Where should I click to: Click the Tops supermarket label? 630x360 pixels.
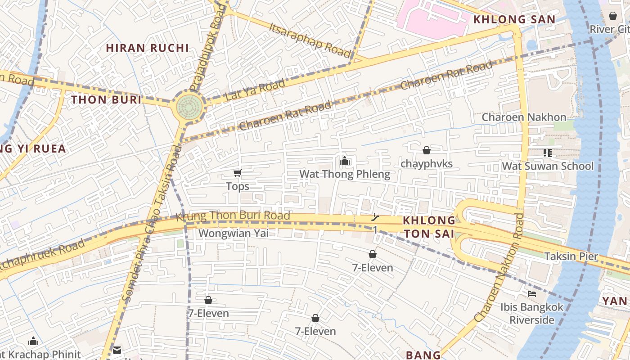(x=237, y=186)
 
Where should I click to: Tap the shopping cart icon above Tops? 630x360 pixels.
(x=237, y=173)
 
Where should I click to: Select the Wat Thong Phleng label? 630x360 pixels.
(x=345, y=174)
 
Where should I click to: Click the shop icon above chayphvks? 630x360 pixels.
(x=426, y=150)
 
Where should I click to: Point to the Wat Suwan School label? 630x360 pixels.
(x=548, y=166)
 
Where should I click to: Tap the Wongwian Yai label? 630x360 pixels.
(x=233, y=233)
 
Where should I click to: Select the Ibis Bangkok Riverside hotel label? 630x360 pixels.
(x=532, y=314)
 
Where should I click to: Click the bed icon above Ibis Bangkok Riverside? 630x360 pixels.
(x=532, y=294)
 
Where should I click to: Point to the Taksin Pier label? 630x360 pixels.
(x=571, y=256)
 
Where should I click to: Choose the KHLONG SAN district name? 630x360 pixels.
(x=514, y=19)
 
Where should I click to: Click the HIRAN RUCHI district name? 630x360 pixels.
(x=147, y=48)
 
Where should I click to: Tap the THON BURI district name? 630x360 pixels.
(x=107, y=100)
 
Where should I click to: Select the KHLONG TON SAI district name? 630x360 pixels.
(x=429, y=227)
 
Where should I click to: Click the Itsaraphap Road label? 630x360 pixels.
(x=310, y=39)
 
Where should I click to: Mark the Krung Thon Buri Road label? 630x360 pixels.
(x=233, y=216)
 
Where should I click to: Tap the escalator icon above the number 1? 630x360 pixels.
(x=375, y=218)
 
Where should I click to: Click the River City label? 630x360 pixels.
(x=610, y=29)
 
